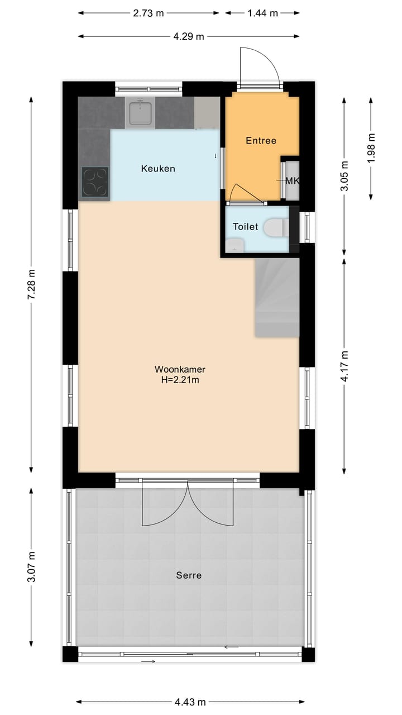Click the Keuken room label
(158, 168)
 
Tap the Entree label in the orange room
(261, 141)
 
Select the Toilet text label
(246, 227)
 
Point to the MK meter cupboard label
(292, 180)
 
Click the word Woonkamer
(180, 369)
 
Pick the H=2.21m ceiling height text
(180, 380)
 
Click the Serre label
(189, 575)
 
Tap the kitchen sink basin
(140, 113)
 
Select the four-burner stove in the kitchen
(95, 182)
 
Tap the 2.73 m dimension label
(149, 13)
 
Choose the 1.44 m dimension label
(262, 13)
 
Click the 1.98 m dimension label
(371, 148)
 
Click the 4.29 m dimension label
(189, 37)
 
